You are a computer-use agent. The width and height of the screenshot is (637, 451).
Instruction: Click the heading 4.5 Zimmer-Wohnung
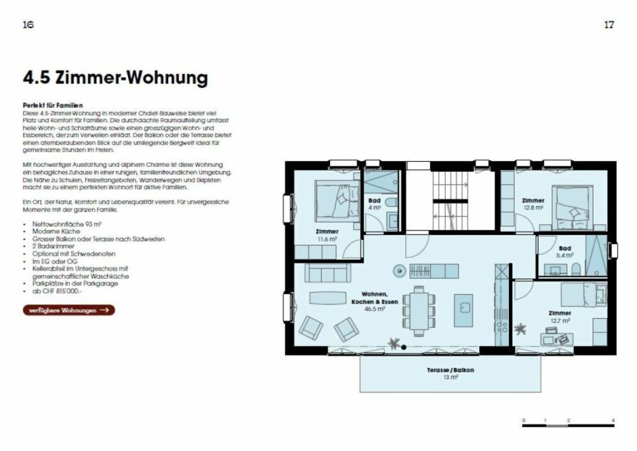coord(115,78)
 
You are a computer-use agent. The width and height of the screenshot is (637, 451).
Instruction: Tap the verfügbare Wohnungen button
coord(69,310)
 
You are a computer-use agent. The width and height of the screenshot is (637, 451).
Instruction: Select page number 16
coord(27,25)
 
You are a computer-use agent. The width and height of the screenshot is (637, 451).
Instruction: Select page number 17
coord(608,25)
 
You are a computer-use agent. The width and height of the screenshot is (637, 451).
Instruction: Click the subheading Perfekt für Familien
coord(53,104)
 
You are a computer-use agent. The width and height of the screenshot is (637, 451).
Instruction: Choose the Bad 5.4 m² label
coord(564,252)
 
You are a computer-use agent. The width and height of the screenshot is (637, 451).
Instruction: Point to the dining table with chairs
coord(419,311)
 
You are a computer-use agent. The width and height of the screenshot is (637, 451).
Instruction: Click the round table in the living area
coord(399,270)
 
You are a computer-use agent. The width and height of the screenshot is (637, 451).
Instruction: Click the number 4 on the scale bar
coord(613,421)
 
